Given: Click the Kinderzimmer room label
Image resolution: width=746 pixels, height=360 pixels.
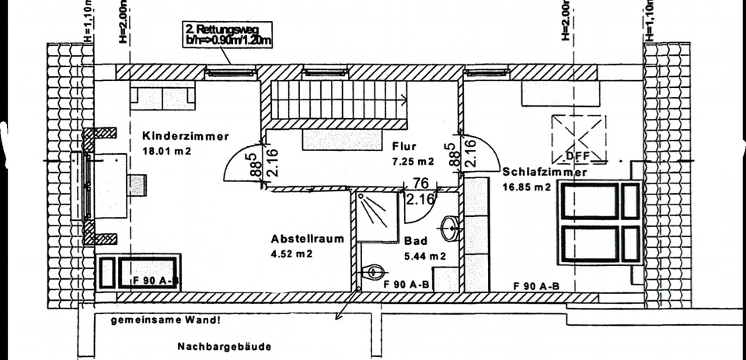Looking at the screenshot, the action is pos(186,135).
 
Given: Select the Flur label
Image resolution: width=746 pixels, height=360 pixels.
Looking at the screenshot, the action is pos(404,146).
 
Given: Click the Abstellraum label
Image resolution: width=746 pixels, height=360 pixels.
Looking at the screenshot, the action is pos(307,239).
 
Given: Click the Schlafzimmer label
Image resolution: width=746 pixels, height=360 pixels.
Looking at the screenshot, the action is pos(544,172).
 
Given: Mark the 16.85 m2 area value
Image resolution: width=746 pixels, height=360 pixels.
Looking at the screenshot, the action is pos(526,187).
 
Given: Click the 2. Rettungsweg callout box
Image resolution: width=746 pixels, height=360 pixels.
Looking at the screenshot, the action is pos(227,36).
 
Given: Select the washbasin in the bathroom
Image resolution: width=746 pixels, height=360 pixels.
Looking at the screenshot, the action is pos(451,229).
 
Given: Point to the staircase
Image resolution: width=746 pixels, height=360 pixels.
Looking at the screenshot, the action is pos(338,100).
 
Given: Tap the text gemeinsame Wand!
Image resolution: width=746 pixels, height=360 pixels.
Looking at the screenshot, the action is pos(165,320).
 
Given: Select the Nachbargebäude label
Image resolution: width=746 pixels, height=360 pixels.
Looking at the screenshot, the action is pos(224,347).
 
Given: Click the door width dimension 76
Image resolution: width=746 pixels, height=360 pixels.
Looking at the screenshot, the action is pos(421,183).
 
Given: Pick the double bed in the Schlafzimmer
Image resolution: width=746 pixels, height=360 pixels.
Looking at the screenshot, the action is pos(599,222).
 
